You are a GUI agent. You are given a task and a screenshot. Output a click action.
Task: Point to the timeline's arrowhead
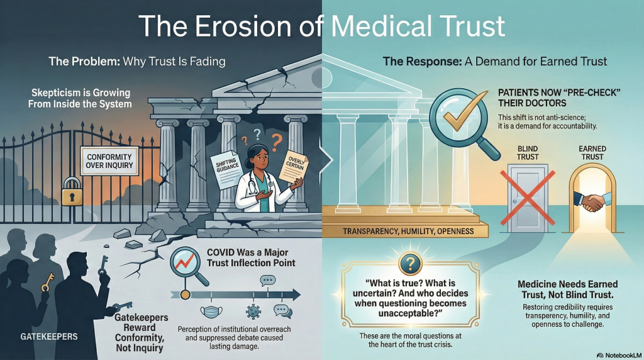pos(295,295)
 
